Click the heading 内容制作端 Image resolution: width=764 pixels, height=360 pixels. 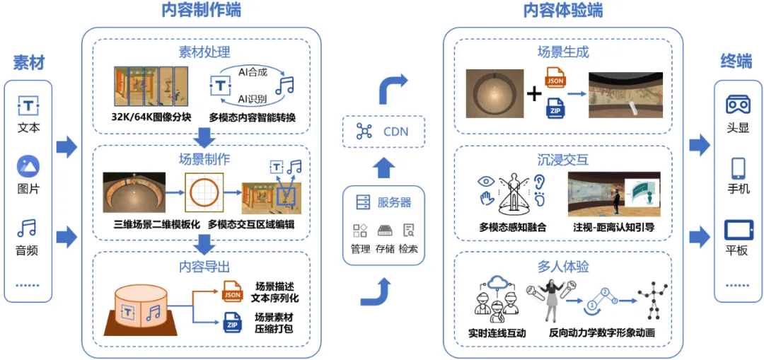202,11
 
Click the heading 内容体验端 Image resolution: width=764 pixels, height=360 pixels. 563,11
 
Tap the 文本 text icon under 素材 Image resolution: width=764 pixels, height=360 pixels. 28,106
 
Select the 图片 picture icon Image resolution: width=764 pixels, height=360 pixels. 28,167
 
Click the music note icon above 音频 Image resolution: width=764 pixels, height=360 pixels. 28,228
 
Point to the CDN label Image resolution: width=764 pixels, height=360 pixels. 395,131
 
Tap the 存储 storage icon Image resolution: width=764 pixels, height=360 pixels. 385,231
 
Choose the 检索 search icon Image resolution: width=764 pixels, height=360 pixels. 408,231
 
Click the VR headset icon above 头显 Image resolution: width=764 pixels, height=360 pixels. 738,104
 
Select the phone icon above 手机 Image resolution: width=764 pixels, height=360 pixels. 738,168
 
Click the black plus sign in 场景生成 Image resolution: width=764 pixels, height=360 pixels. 534,93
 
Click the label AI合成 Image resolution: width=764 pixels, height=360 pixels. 253,71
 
